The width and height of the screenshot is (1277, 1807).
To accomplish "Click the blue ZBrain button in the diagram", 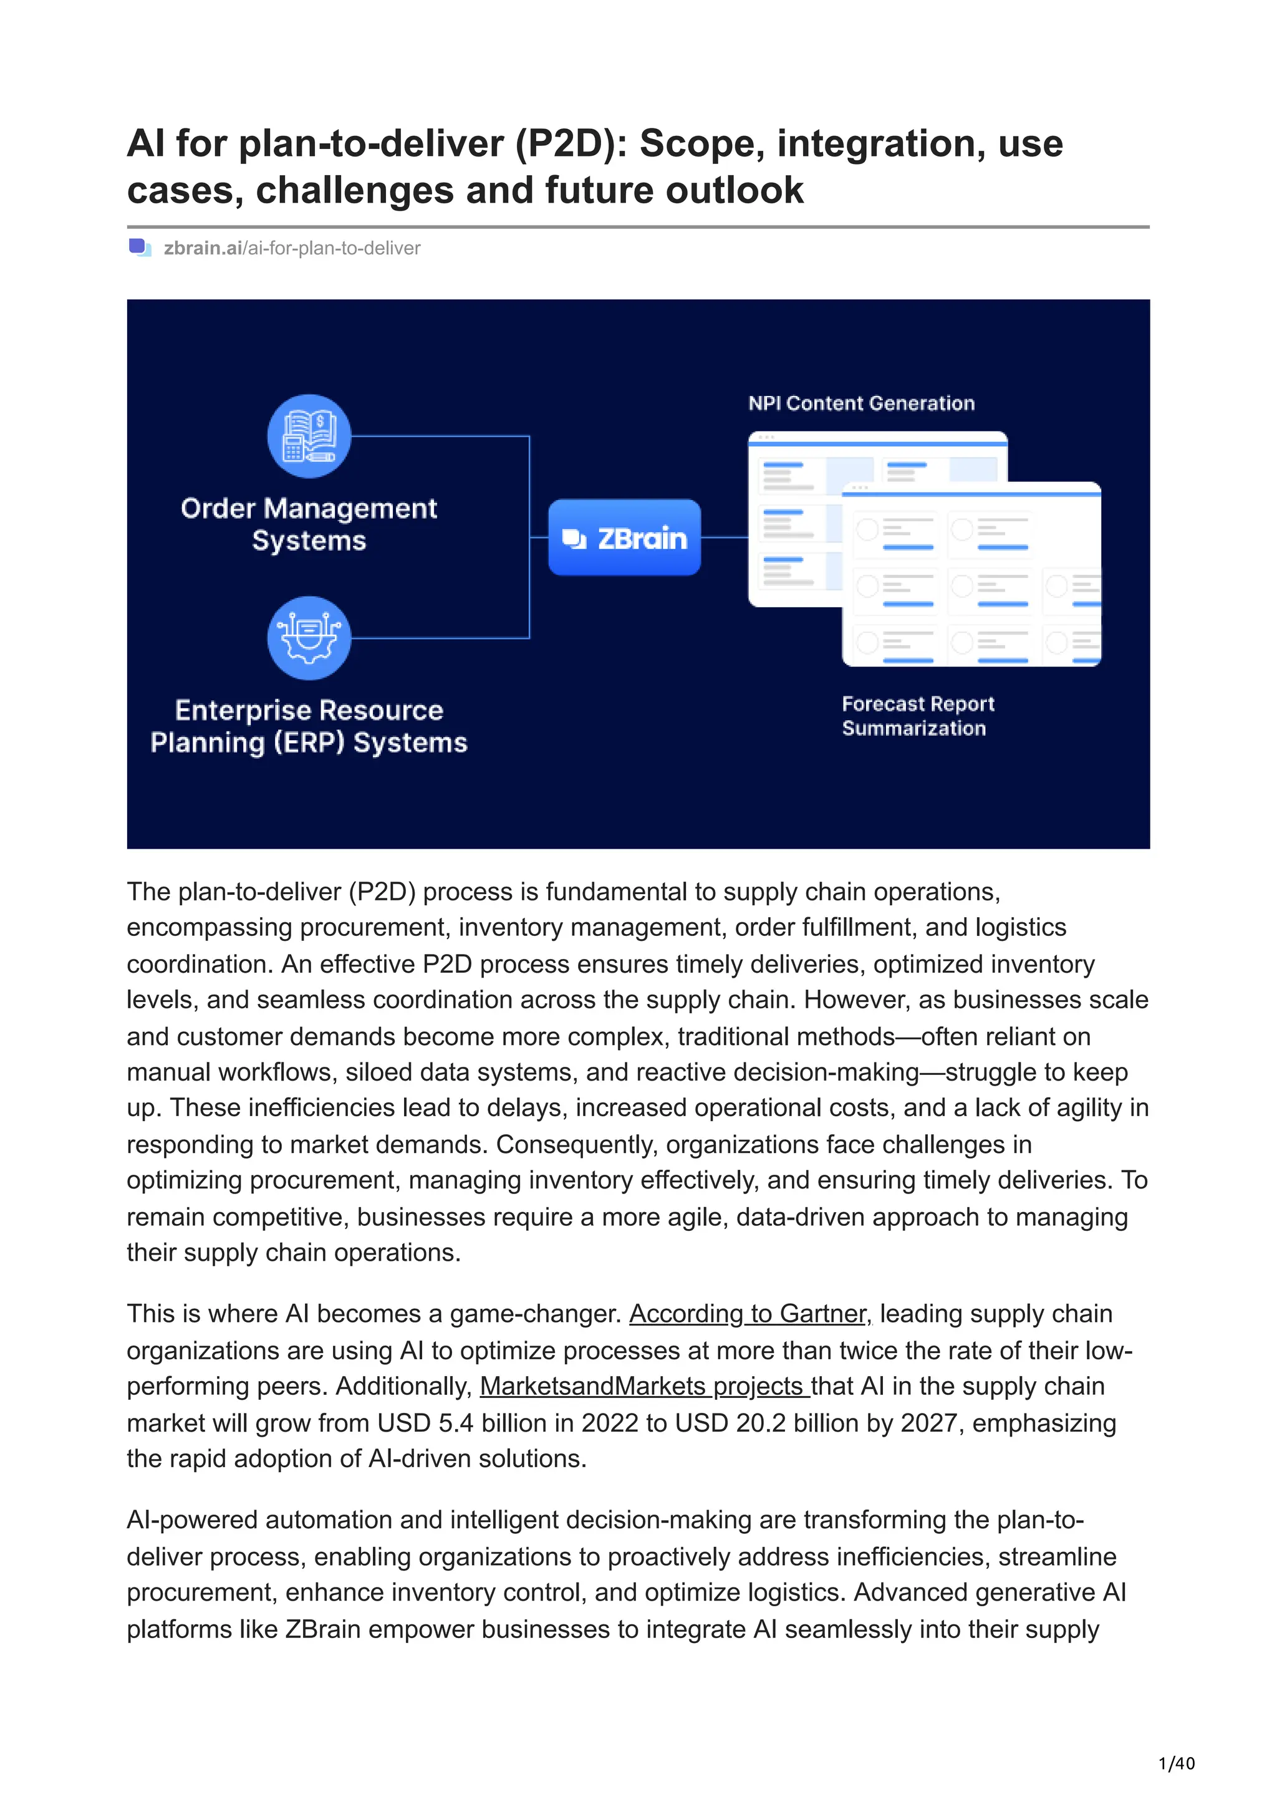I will tap(624, 537).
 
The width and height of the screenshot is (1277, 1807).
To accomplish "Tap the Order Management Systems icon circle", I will tap(309, 435).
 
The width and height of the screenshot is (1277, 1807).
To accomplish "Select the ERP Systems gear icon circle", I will tap(309, 637).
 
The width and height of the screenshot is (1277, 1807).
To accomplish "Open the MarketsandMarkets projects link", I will tap(643, 1386).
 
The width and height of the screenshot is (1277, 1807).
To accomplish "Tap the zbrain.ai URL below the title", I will tap(292, 248).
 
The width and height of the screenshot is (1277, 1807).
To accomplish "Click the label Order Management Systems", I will tap(309, 524).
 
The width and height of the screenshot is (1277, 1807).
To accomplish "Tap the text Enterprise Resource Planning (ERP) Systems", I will tap(309, 726).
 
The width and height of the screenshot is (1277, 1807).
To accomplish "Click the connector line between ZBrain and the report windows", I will tap(724, 537).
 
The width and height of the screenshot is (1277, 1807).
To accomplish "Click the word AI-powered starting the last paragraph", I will tap(192, 1520).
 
